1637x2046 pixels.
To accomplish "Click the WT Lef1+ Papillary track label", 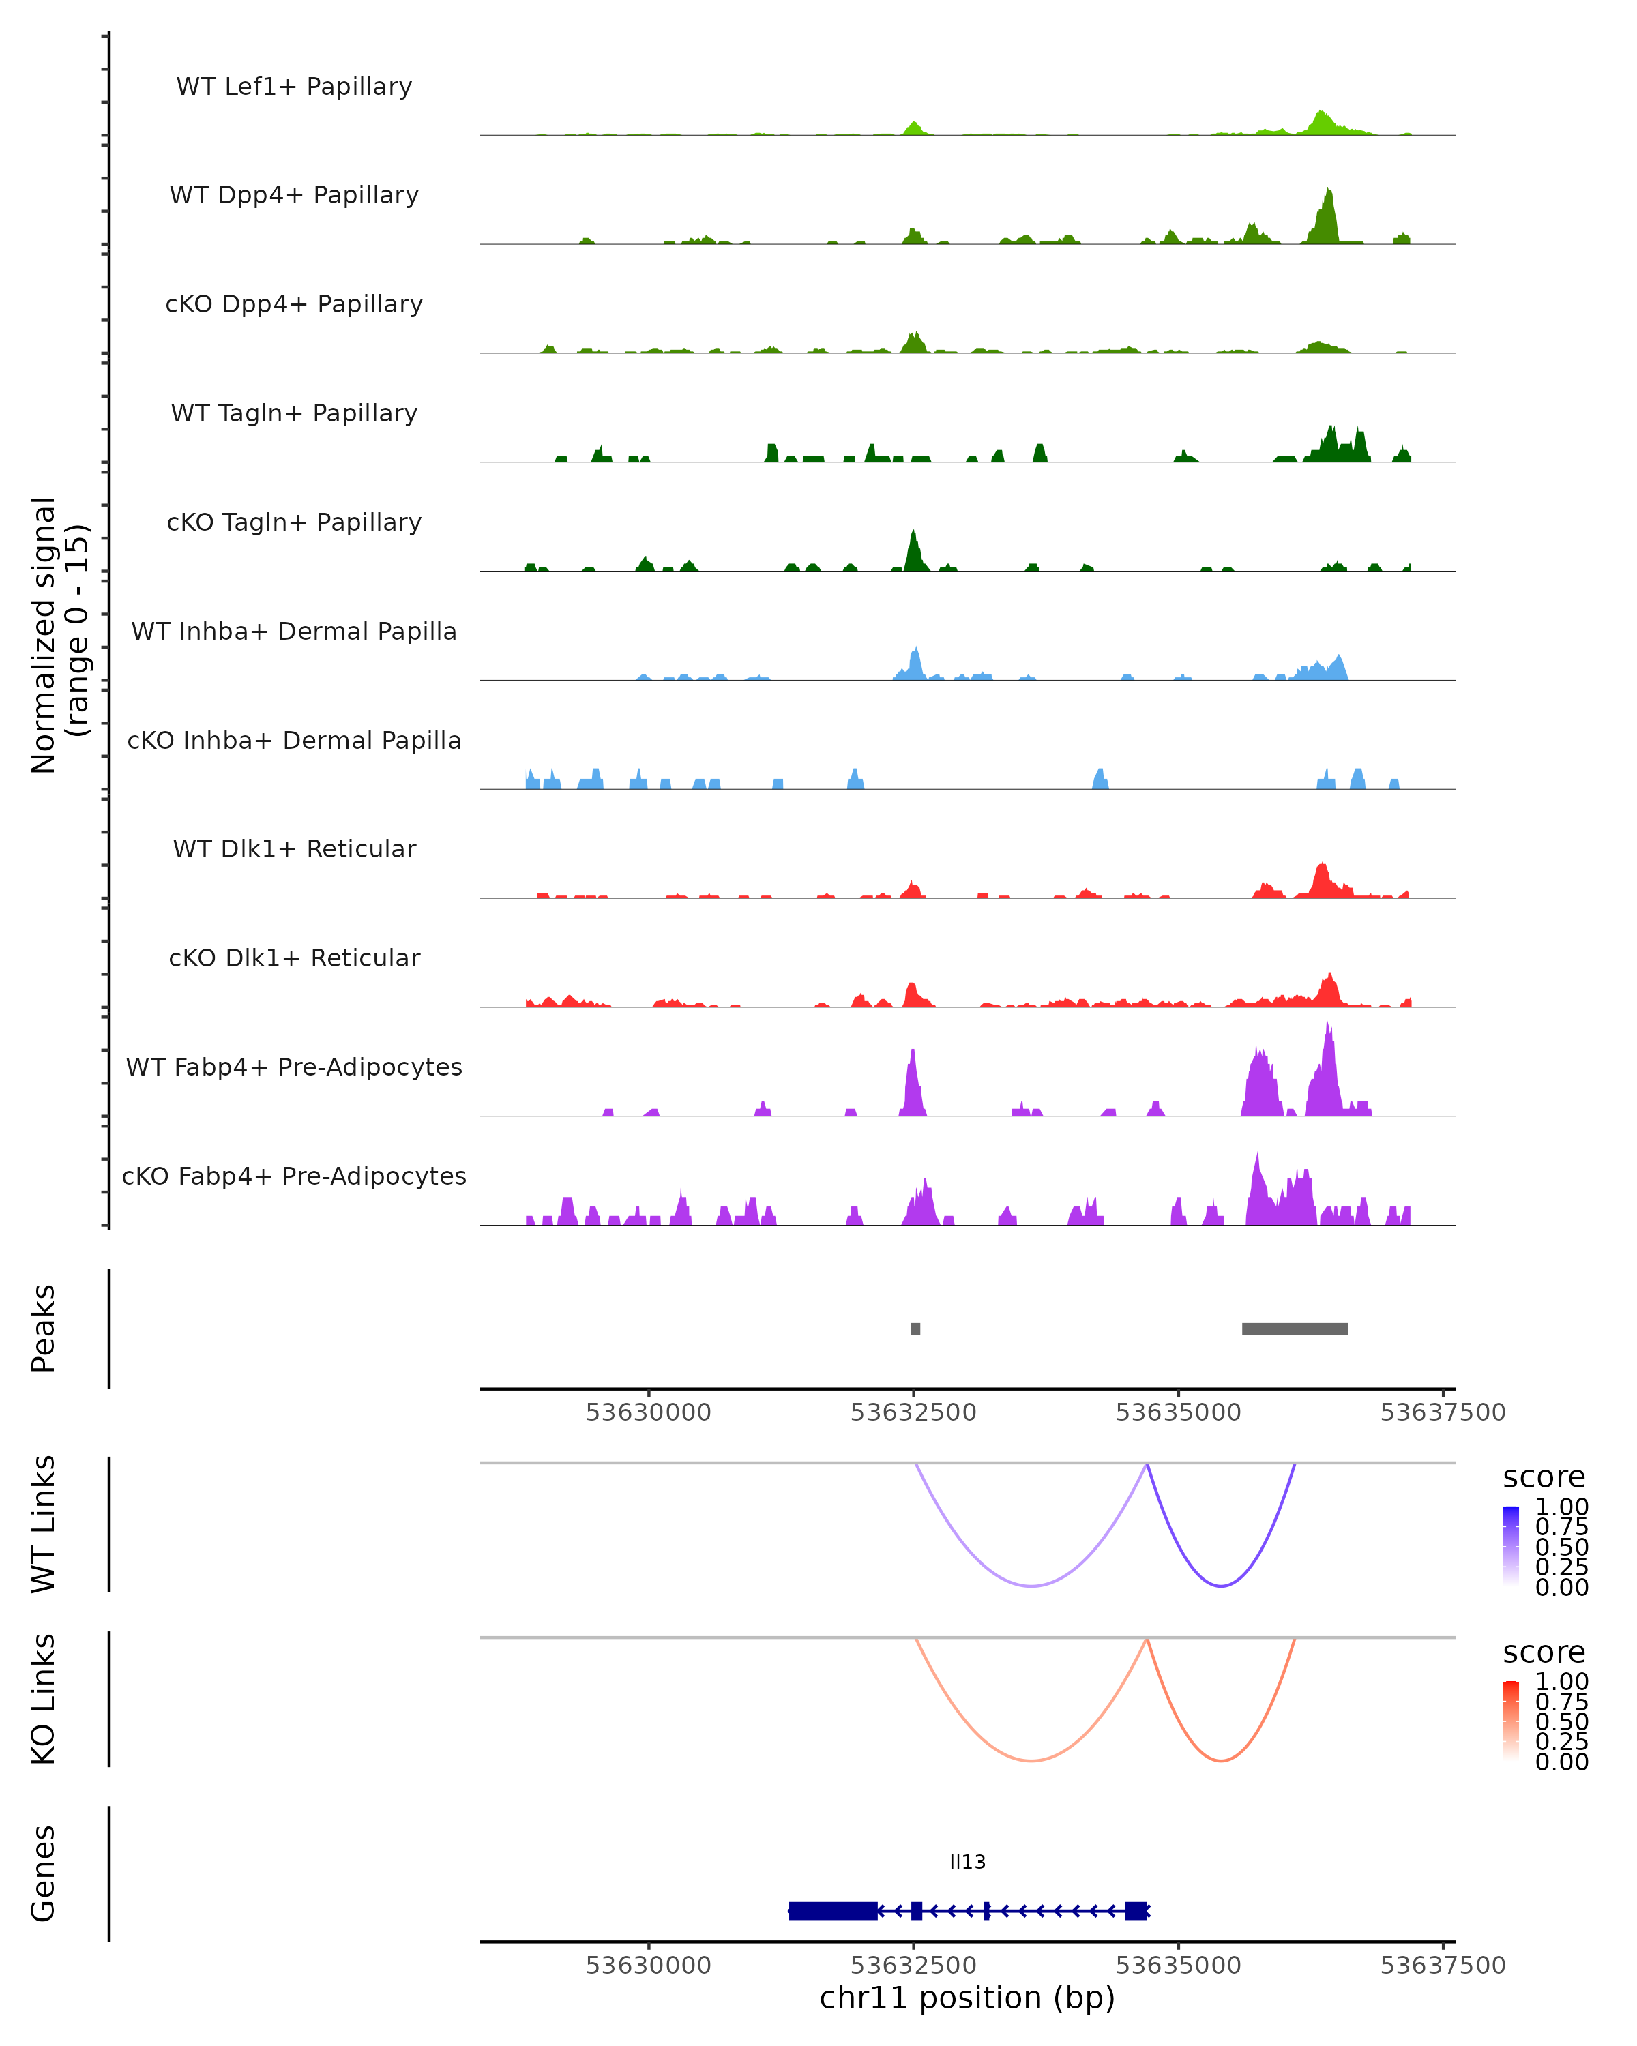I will coord(294,87).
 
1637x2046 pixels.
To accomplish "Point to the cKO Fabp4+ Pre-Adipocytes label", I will coord(294,1176).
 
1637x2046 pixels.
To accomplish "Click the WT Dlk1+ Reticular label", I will coord(294,848).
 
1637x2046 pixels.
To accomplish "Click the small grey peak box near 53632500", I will coord(915,1329).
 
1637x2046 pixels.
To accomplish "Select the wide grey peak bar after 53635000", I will coord(1295,1329).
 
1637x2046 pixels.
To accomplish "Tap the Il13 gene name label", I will coord(967,1862).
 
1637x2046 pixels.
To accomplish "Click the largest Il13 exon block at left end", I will coord(832,1910).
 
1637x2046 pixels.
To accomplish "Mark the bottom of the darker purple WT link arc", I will coord(1222,1586).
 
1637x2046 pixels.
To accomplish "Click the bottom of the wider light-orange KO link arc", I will coord(1031,1762).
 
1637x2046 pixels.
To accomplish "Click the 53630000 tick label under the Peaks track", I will coord(648,1412).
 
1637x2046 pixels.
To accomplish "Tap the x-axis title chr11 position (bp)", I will coord(967,1998).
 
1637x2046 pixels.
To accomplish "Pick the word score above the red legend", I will coord(1543,1652).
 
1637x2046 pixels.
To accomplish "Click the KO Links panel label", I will coord(44,1700).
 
